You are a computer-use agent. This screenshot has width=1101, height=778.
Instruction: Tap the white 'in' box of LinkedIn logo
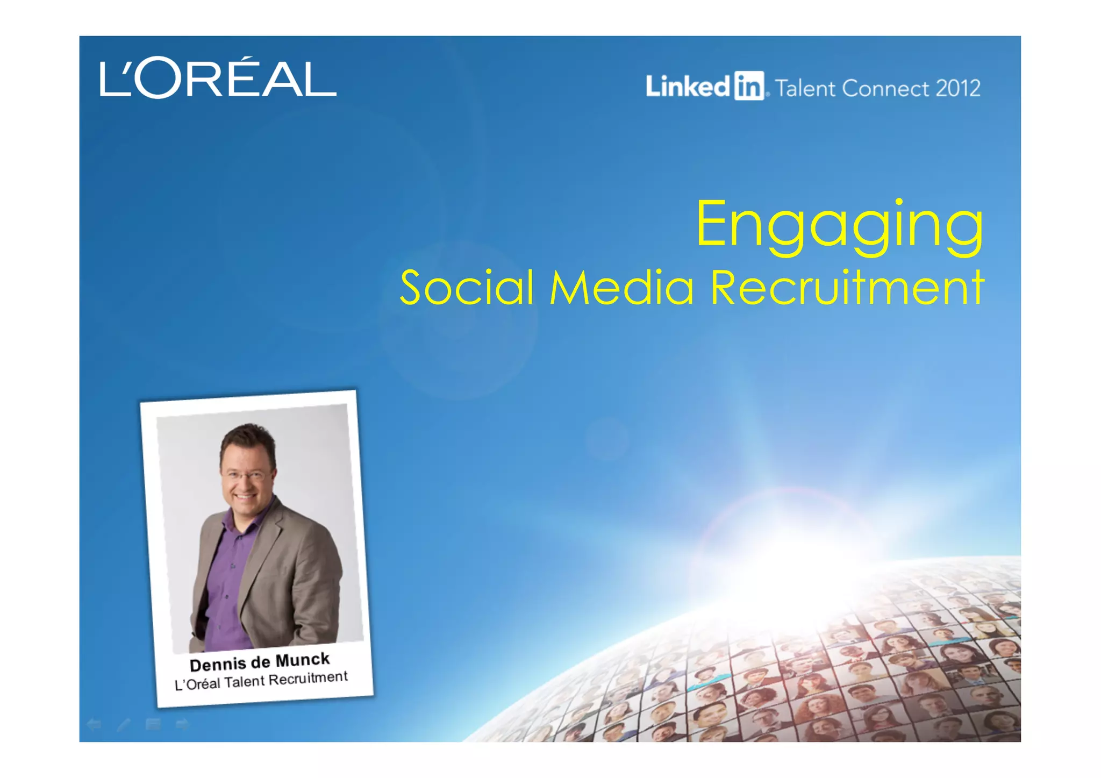click(749, 87)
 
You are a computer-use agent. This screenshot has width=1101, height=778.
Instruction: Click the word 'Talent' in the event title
click(805, 88)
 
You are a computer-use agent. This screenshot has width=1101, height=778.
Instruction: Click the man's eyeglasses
click(246, 475)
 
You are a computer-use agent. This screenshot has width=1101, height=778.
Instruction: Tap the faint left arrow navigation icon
click(94, 724)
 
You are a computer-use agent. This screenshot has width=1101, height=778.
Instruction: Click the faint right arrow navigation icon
click(182, 724)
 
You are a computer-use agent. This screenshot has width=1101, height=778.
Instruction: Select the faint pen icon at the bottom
click(124, 724)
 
